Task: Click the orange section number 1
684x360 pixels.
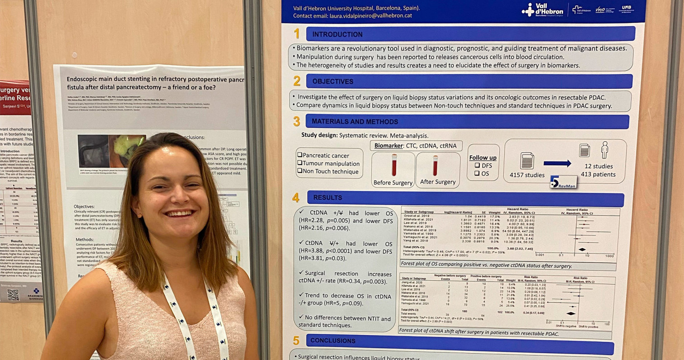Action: click(297, 34)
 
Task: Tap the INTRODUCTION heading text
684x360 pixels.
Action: click(337, 34)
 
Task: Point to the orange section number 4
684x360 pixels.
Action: click(296, 198)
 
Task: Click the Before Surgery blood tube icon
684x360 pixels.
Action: click(394, 165)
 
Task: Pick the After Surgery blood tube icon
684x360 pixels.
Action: click(435, 165)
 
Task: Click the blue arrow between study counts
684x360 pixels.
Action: click(556, 164)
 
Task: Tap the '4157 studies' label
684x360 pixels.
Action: click(527, 175)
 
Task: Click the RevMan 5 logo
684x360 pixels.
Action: click(563, 182)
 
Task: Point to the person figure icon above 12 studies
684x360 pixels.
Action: click(604, 150)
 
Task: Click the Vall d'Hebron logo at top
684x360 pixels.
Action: click(543, 10)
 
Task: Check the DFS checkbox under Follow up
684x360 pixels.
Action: click(477, 166)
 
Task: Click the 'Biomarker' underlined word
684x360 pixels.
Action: click(388, 145)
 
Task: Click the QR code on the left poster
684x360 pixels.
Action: click(13, 295)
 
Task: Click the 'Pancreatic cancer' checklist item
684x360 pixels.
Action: click(322, 156)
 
